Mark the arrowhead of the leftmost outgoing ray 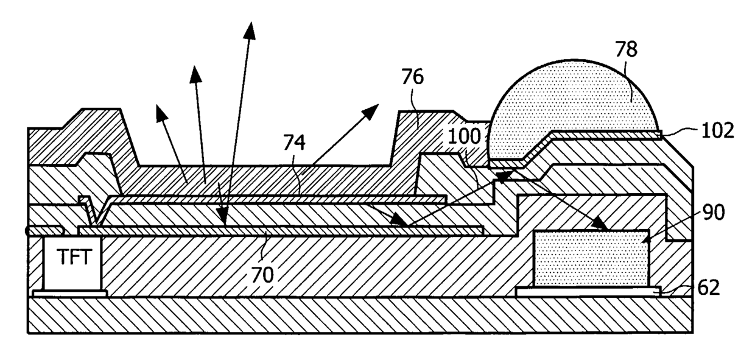coord(160,110)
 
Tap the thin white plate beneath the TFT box coord(69,294)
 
